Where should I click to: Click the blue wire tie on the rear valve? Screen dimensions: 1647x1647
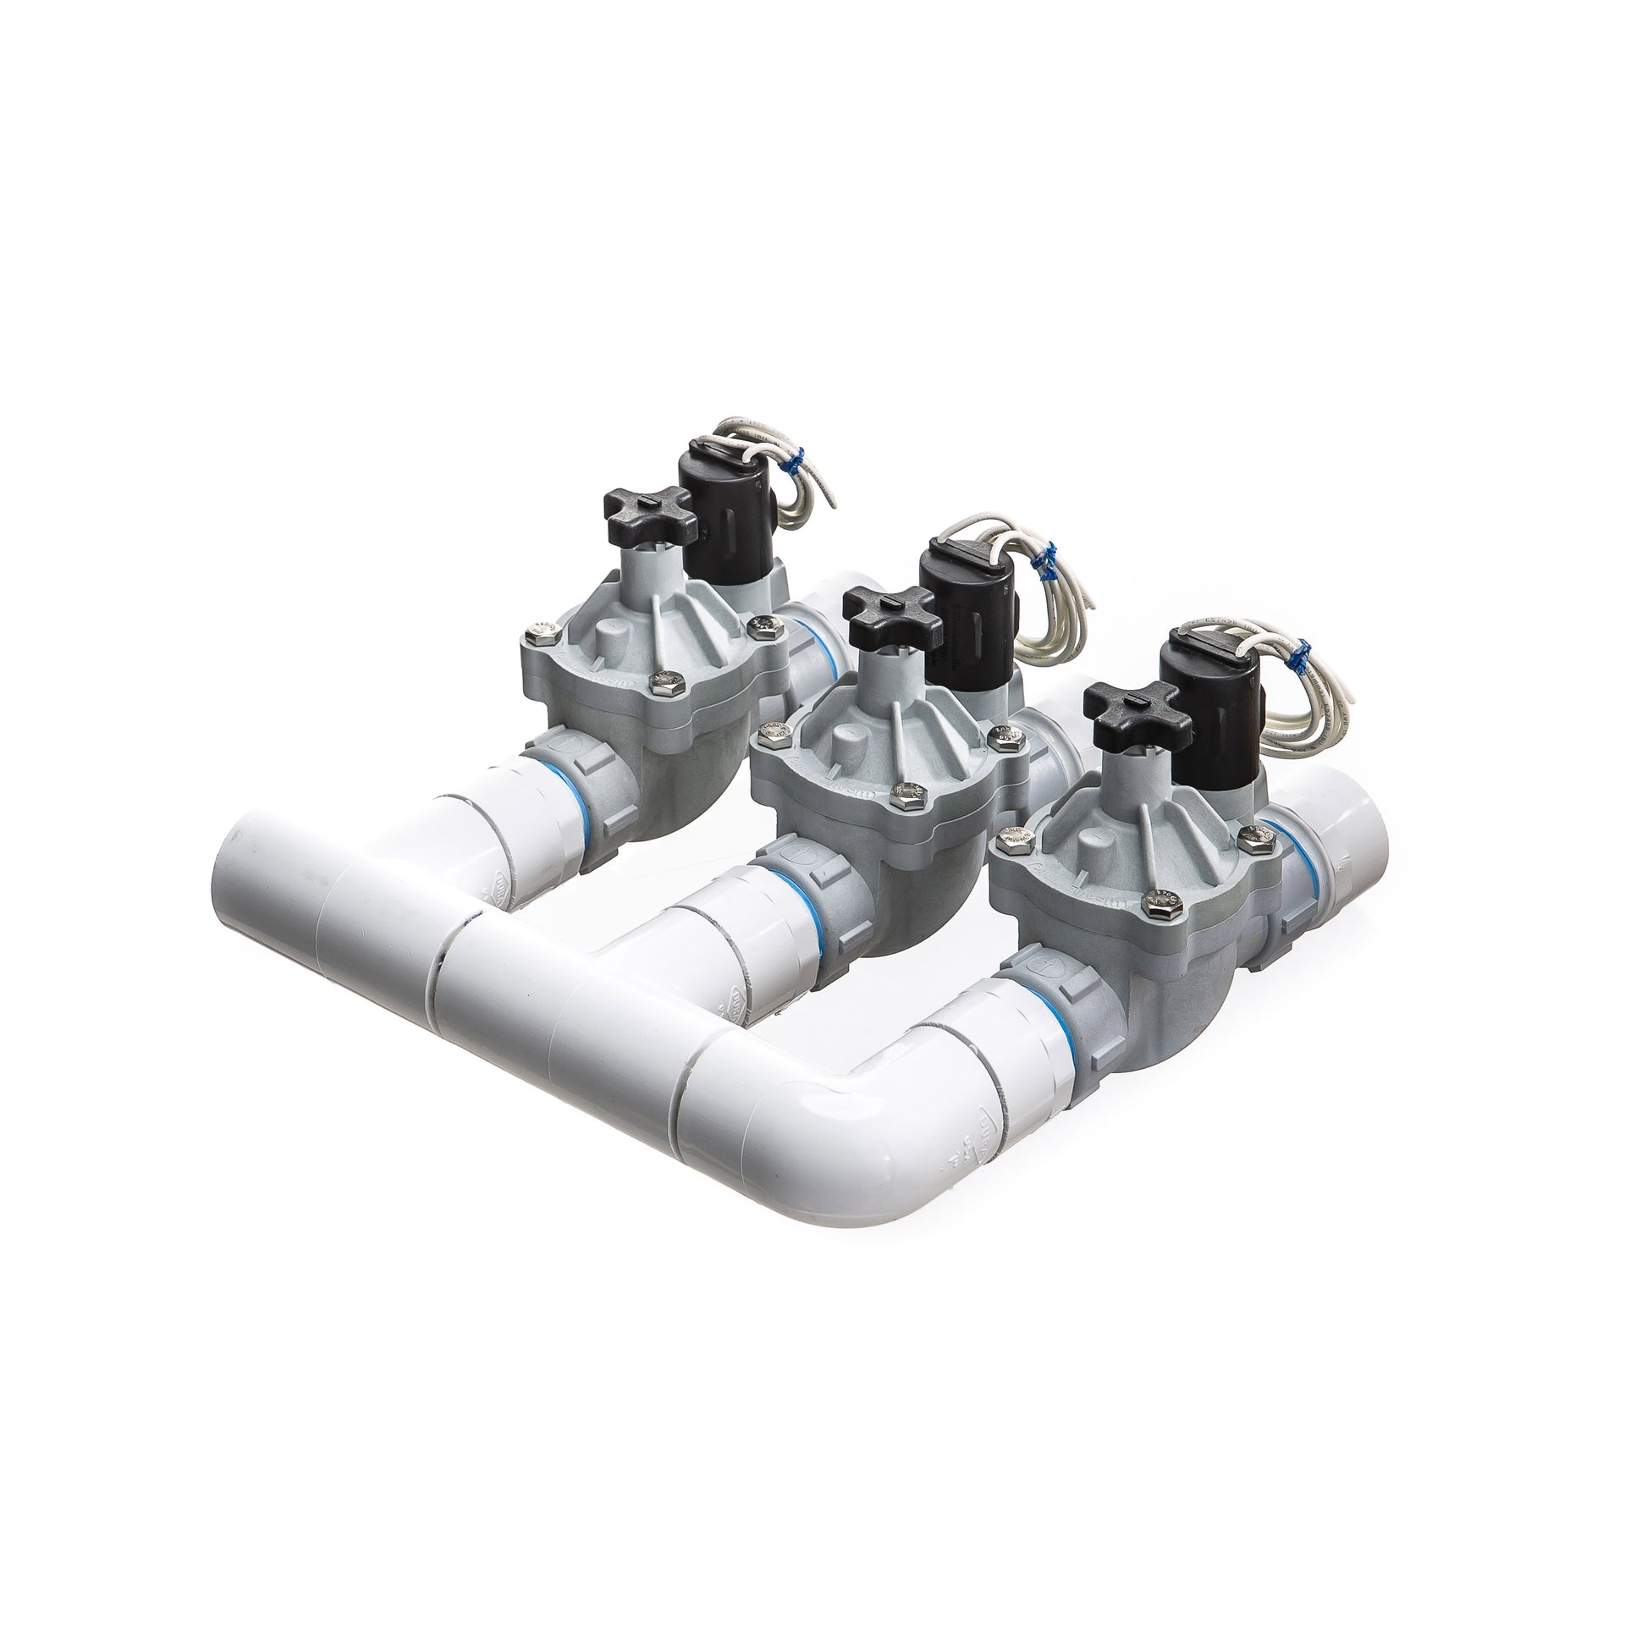click(796, 465)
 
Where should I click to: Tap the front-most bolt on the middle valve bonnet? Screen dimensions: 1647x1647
click(901, 798)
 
